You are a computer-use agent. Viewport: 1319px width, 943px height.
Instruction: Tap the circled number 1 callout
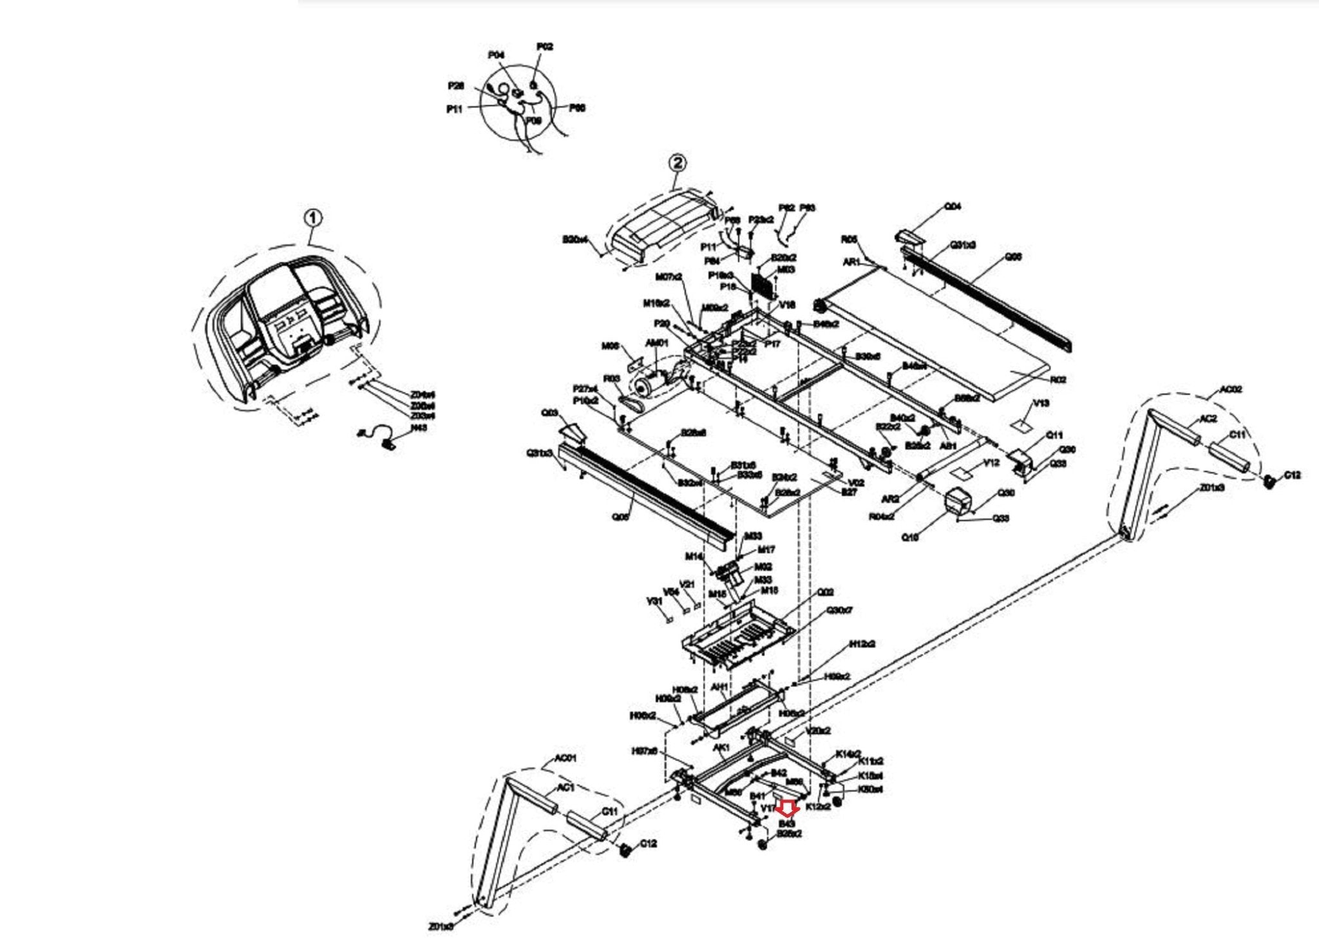pos(313,218)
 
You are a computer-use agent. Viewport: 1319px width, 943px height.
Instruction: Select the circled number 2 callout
pos(677,163)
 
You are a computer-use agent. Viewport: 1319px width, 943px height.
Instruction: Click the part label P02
pos(545,46)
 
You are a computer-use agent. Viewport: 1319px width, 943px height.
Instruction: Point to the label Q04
pos(953,206)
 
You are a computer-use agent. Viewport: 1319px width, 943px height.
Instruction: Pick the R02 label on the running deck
pos(1058,380)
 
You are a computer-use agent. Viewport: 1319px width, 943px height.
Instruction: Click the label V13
pos(1041,403)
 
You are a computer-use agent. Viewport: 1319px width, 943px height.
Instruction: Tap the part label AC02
pos(1231,390)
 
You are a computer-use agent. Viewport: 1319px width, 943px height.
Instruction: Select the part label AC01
pos(565,759)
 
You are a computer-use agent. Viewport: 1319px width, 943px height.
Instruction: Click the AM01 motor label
pos(657,343)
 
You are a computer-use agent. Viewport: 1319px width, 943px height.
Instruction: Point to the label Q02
pos(826,592)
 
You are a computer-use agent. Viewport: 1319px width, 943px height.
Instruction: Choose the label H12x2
pos(862,644)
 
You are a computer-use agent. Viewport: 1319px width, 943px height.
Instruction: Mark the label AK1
pos(721,748)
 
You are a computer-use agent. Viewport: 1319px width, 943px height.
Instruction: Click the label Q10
pos(909,538)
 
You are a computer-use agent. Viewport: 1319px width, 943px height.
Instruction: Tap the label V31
pos(654,601)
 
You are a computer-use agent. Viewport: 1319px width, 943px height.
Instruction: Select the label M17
pos(766,549)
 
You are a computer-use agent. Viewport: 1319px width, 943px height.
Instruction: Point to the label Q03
pos(549,413)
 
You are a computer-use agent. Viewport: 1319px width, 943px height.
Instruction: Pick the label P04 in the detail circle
pos(496,55)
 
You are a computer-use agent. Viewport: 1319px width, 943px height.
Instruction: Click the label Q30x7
pos(839,609)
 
